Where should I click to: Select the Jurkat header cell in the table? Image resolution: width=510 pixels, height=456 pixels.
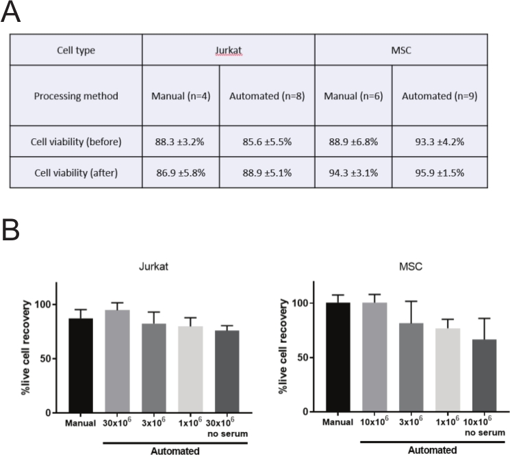tap(228, 50)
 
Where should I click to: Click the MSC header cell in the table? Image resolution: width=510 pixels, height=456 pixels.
tap(400, 50)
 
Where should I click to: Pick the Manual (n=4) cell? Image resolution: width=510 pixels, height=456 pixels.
tap(181, 95)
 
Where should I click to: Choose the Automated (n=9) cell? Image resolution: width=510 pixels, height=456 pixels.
tap(439, 95)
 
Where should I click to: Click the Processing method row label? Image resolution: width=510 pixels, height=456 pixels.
tap(75, 95)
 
